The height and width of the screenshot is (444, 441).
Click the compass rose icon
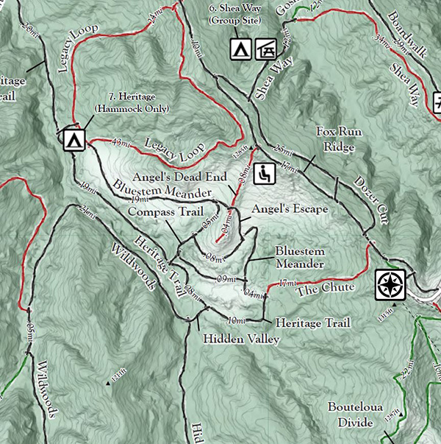point(390,284)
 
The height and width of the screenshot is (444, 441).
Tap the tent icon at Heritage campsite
point(73,140)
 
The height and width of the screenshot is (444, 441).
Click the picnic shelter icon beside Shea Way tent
point(265,49)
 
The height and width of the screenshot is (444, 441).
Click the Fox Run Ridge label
point(336,139)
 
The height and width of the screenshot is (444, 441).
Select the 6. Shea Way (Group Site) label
point(235,15)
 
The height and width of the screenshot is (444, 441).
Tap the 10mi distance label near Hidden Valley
point(236,320)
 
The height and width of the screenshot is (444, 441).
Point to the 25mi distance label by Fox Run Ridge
point(281,150)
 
